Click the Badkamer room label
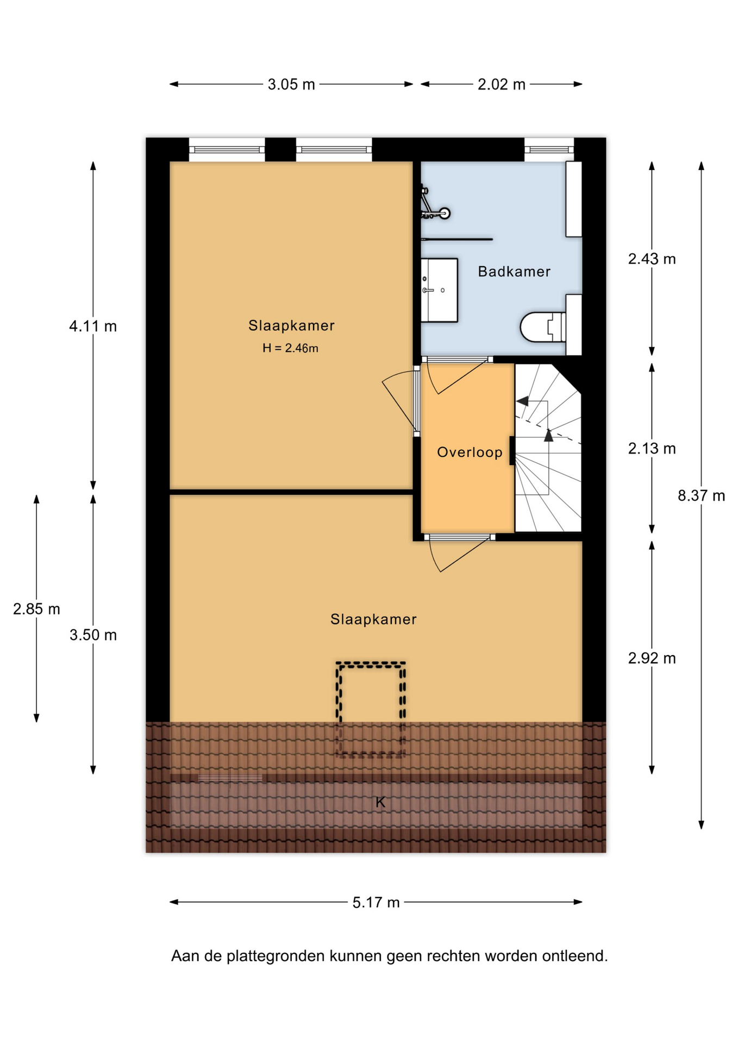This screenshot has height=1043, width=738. [514, 272]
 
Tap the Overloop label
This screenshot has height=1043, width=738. [470, 452]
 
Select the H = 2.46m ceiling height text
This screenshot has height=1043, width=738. [290, 348]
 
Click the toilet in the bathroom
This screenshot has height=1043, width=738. [543, 326]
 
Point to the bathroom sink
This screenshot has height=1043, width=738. [439, 290]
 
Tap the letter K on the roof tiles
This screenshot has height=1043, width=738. [380, 802]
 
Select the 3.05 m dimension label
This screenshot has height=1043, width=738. [291, 84]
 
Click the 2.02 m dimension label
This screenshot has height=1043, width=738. [502, 84]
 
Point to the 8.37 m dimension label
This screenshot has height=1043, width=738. [701, 495]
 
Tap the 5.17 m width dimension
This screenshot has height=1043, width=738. [376, 902]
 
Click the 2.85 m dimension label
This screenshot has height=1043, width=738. [36, 609]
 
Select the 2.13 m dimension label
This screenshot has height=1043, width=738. [652, 448]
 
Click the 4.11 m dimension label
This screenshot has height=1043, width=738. [93, 326]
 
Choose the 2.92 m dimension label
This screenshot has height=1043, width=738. [652, 658]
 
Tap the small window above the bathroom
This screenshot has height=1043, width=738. [549, 149]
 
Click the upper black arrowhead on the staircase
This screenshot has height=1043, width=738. [523, 401]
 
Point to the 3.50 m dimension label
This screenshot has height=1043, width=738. [93, 634]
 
